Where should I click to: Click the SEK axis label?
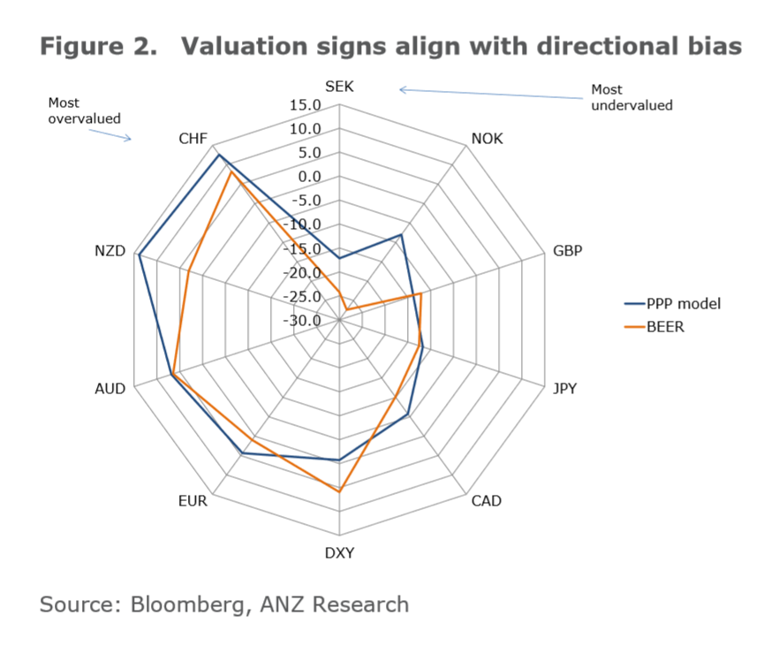(x=339, y=87)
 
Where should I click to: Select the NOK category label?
(x=488, y=139)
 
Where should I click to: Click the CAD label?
(x=486, y=501)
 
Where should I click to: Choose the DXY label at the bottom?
(x=339, y=554)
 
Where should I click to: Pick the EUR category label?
(x=193, y=501)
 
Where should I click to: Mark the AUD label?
(x=110, y=388)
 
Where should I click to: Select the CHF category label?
(x=193, y=139)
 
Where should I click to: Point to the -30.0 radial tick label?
(x=305, y=320)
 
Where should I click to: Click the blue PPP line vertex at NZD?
(x=139, y=255)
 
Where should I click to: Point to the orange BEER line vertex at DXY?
(x=339, y=490)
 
